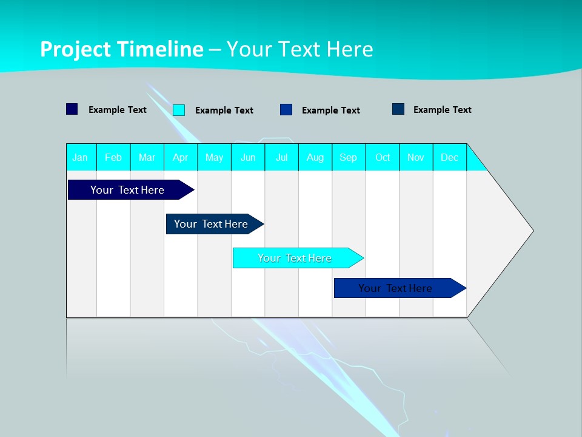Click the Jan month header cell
(x=81, y=157)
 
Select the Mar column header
(x=147, y=157)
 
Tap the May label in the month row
(x=214, y=157)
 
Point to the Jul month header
(x=281, y=157)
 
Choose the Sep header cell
(x=349, y=157)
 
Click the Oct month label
(x=383, y=157)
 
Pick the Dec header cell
(x=449, y=157)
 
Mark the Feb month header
(x=113, y=157)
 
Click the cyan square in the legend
(x=179, y=110)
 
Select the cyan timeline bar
(x=294, y=258)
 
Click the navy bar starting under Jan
(x=127, y=190)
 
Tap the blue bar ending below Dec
(x=395, y=288)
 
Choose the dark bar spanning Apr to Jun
(x=211, y=224)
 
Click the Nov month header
(x=416, y=157)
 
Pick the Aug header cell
(x=315, y=157)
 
